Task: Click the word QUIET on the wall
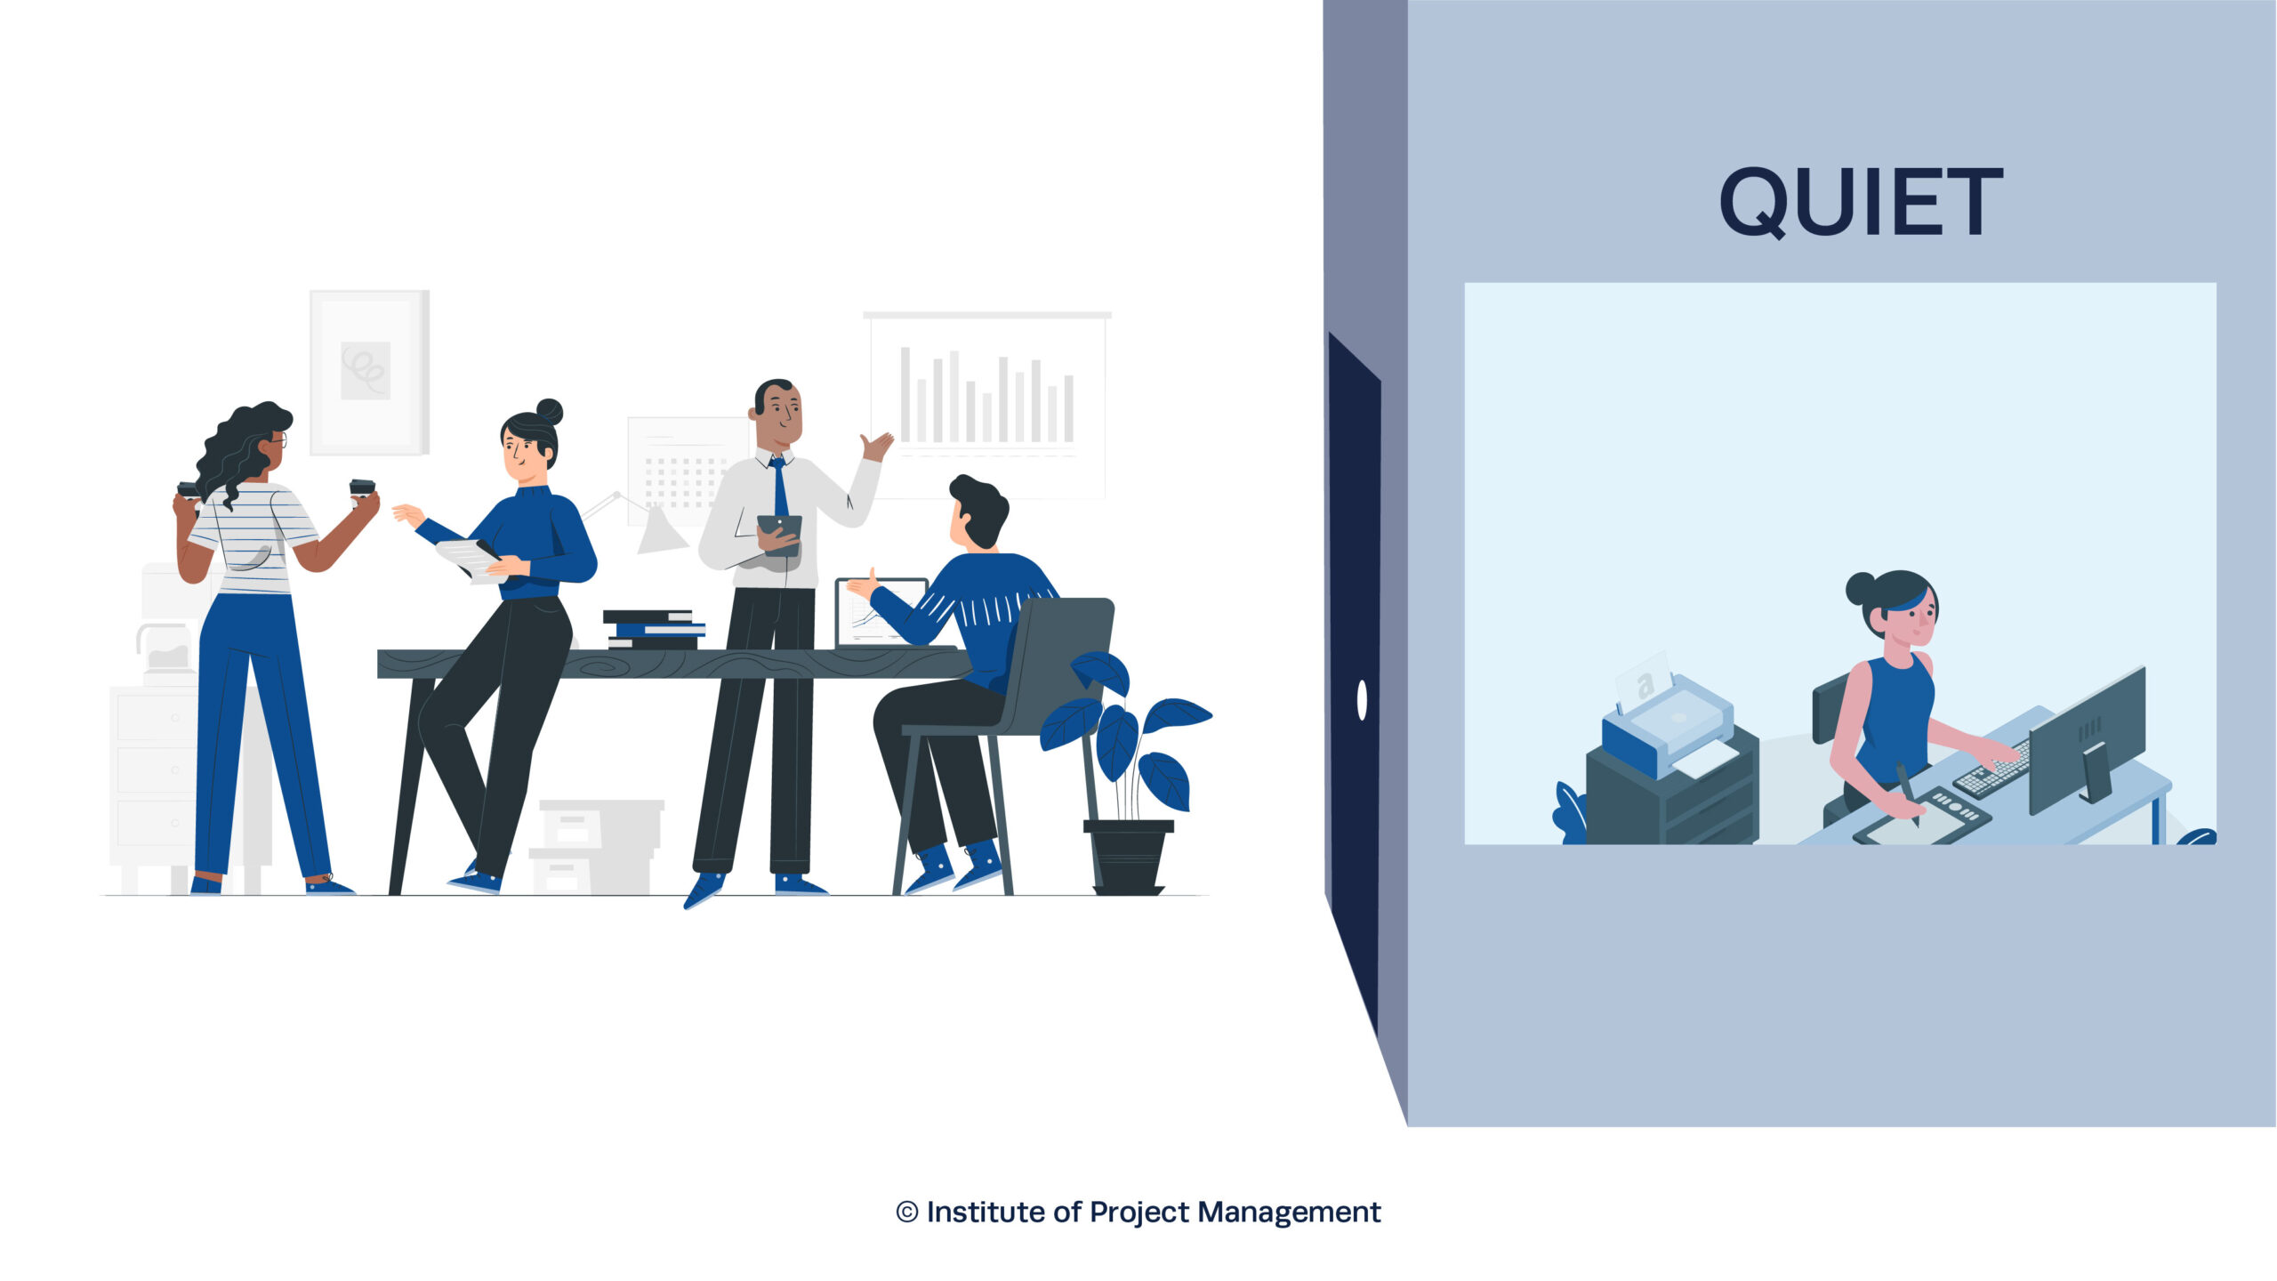(1861, 202)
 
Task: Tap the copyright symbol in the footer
(906, 1212)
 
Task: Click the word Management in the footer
(1289, 1212)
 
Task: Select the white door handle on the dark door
(1362, 699)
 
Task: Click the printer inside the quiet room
(1668, 725)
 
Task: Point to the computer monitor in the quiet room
(2087, 738)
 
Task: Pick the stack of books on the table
(654, 629)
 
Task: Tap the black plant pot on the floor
(1128, 857)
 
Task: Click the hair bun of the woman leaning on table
(549, 412)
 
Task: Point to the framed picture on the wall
(369, 372)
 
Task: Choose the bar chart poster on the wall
(987, 405)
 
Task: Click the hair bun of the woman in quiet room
(1861, 588)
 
